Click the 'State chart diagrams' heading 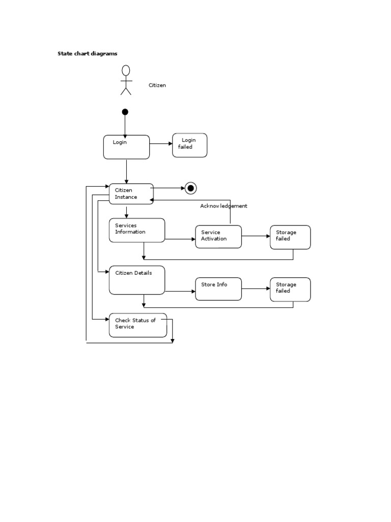point(87,53)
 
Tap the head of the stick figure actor point(126,70)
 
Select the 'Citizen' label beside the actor point(157,85)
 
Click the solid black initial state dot point(125,112)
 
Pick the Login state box point(126,147)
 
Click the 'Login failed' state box point(189,145)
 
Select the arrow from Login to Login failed point(161,144)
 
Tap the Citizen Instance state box point(131,194)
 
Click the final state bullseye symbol point(190,188)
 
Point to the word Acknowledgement point(224,206)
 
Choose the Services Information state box point(137,230)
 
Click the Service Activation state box point(218,237)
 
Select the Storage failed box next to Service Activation point(290,237)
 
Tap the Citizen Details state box point(137,280)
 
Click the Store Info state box point(218,289)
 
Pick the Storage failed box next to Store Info point(290,289)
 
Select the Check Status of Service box point(137,325)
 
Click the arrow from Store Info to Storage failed point(256,289)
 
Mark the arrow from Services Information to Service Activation point(180,239)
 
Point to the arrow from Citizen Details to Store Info point(180,292)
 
